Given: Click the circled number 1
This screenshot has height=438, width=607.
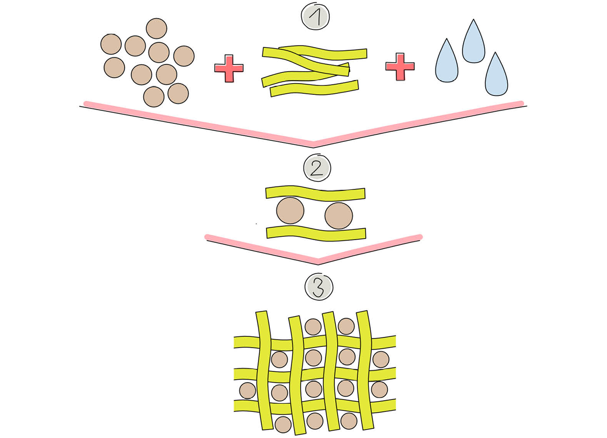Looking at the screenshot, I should pos(315,17).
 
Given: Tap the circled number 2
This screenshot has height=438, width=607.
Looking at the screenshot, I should pos(317,168).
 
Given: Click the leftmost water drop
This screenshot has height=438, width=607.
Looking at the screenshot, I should pos(447,62).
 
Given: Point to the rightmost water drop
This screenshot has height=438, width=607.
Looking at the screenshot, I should pos(496,76).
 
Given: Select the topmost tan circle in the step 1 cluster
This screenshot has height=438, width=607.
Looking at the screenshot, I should pos(156,28).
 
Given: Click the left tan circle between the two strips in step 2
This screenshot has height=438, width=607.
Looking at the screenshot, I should pos(290,210).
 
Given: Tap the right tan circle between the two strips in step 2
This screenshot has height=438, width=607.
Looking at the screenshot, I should pos(339,215).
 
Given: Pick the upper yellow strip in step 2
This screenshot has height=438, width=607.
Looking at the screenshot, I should pos(315,193).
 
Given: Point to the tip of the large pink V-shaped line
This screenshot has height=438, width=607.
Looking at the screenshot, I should pos(313,143).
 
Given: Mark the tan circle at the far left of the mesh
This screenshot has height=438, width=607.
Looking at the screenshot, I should pos(248,391).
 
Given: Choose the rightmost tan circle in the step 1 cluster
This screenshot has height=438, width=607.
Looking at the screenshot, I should pos(184,56).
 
